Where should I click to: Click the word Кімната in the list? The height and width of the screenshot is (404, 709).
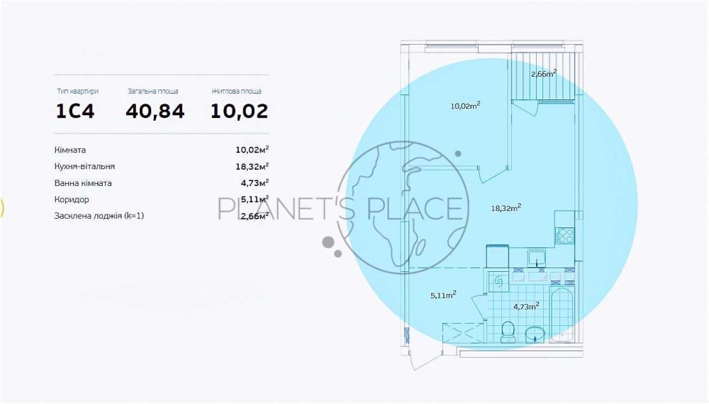pos(70,150)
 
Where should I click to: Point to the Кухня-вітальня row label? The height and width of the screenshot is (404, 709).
pos(84,166)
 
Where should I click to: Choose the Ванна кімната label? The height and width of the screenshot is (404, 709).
pos(83,183)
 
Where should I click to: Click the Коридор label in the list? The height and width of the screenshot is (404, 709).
pos(71,200)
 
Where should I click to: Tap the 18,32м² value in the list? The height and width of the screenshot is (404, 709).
pos(252,166)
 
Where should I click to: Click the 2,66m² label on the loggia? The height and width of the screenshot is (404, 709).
pos(544,73)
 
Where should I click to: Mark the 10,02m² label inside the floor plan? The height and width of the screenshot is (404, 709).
pos(465,106)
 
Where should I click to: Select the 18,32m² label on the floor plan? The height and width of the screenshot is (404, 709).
pos(506,208)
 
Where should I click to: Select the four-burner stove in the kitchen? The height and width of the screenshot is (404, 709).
pos(565,236)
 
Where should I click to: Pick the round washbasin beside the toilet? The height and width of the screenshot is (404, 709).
pos(535,334)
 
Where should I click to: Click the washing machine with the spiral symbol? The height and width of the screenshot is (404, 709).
pos(499,281)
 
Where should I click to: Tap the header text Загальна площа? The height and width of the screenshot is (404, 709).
pos(153,92)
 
